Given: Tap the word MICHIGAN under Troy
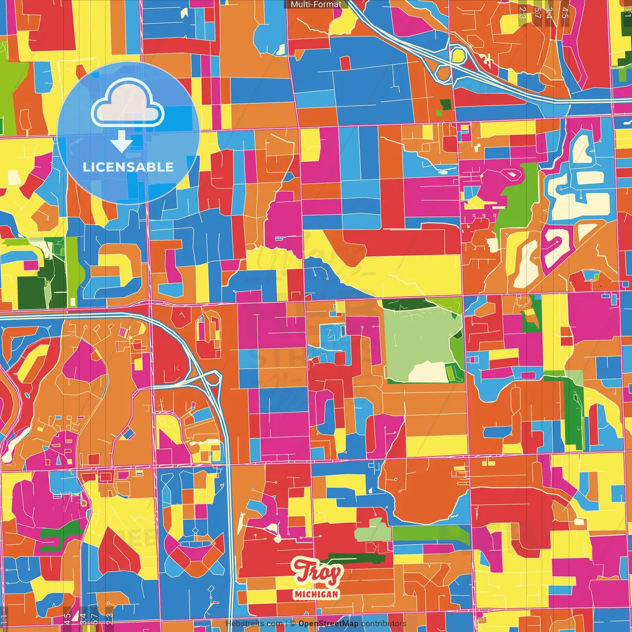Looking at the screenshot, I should (x=316, y=594).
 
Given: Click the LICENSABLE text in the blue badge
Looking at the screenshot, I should (x=128, y=167).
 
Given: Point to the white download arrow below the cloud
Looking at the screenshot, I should (x=121, y=141).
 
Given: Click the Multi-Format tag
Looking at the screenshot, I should (x=316, y=4).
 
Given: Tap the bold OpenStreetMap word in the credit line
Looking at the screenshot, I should (x=328, y=624).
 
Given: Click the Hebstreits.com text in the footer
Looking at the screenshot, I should (x=254, y=624).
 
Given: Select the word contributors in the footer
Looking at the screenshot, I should (x=384, y=624).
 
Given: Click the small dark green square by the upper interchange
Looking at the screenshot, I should (x=445, y=104).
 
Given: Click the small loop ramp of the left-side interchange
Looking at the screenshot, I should (x=213, y=379).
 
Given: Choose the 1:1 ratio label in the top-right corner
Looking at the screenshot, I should (x=628, y=11).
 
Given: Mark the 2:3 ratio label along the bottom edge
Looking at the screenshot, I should (x=109, y=618).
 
